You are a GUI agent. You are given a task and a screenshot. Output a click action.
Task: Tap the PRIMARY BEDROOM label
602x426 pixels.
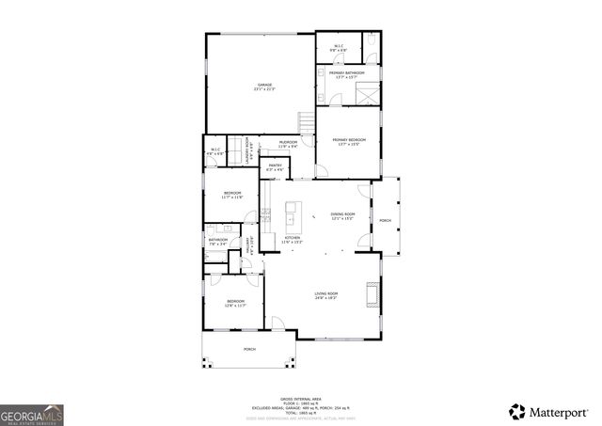tap(348, 141)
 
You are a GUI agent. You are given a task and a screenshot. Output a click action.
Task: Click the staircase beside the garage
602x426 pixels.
tap(305, 123)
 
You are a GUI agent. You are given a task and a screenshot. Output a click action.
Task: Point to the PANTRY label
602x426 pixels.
tap(275, 167)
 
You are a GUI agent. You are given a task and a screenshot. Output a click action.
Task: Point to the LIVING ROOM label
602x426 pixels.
tap(326, 295)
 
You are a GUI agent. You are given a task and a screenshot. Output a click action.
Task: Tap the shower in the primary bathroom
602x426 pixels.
tap(368, 95)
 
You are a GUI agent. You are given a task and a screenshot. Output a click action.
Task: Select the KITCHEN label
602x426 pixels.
tap(293, 240)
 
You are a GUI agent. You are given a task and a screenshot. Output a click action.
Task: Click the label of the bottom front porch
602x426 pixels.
tap(249, 349)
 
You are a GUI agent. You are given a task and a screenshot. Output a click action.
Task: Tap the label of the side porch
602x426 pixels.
tap(385, 222)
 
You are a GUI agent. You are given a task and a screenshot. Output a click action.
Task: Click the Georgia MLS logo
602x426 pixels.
tap(32, 414)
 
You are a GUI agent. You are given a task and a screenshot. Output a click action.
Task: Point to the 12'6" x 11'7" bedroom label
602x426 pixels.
tap(234, 303)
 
